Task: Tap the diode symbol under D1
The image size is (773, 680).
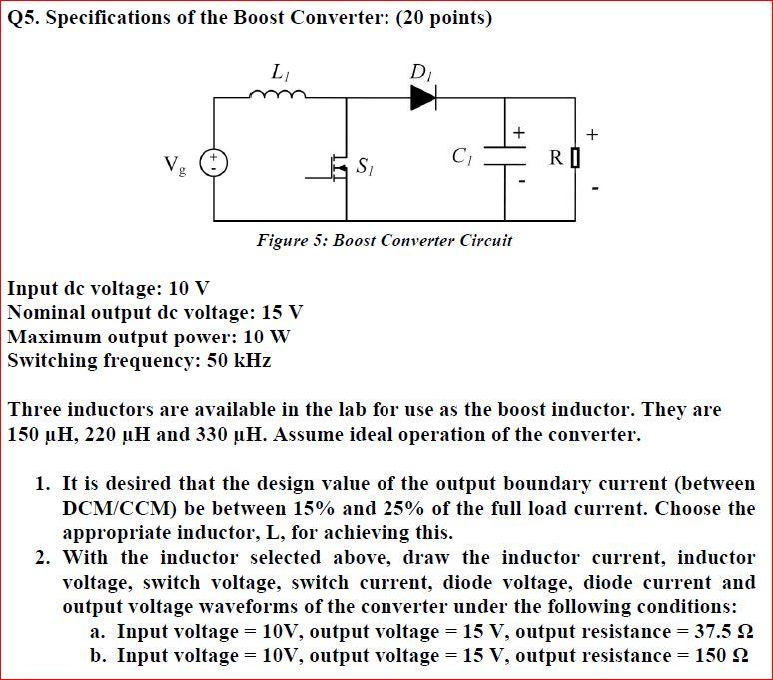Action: (x=423, y=97)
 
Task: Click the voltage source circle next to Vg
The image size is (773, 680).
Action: (x=214, y=161)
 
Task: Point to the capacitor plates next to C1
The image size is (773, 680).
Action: (x=505, y=158)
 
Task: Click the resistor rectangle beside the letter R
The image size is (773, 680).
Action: (x=574, y=159)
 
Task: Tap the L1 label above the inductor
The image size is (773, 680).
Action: (x=279, y=72)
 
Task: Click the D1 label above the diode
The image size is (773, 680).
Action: (x=419, y=72)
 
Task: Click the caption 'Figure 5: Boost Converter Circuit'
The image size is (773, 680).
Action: (x=385, y=240)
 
